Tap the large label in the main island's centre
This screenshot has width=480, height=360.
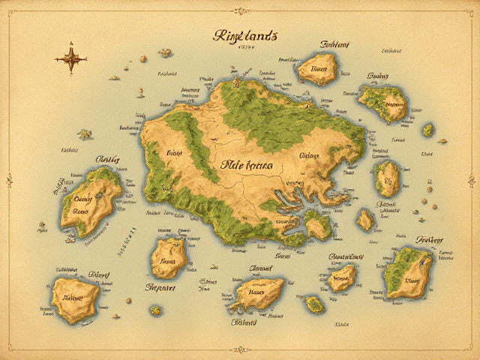247,166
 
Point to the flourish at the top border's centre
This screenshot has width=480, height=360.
240,10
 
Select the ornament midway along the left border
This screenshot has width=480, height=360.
9,180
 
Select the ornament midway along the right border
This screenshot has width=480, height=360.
471,180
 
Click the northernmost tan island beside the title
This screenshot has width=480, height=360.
319,69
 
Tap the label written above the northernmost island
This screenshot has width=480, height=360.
335,44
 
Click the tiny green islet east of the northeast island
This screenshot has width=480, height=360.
427,129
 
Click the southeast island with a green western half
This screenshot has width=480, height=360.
407,271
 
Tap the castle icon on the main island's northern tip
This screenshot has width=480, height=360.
235,80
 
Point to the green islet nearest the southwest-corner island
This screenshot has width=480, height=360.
155,309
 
